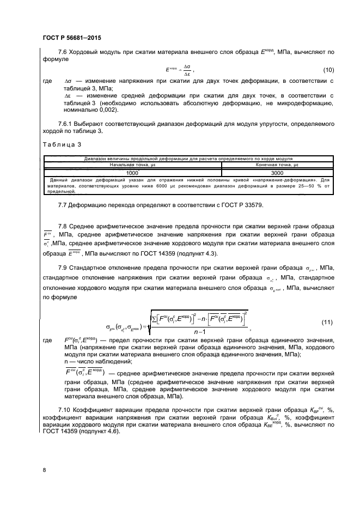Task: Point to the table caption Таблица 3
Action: coord(61,144)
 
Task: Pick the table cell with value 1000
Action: coord(132,172)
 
